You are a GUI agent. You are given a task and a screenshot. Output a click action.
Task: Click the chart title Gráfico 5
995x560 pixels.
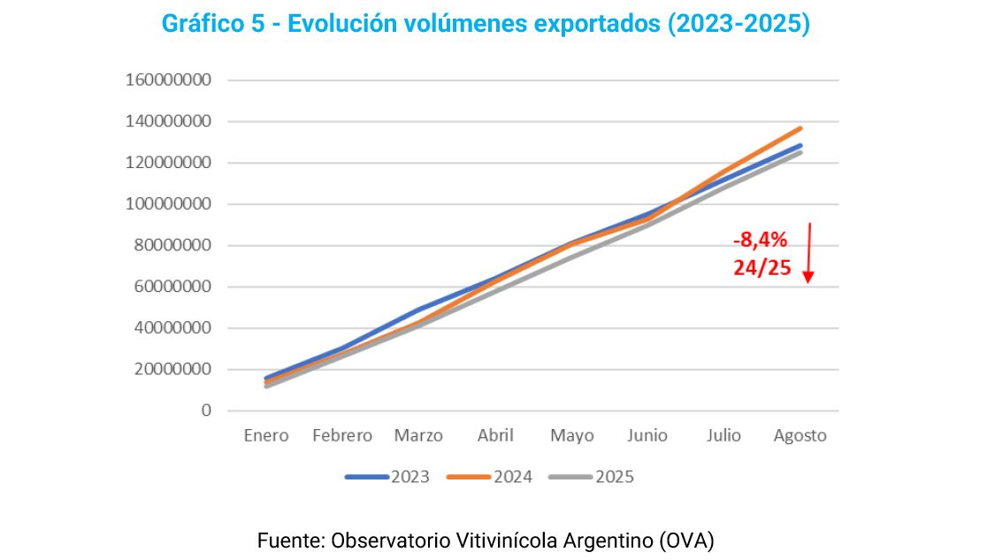tap(485, 24)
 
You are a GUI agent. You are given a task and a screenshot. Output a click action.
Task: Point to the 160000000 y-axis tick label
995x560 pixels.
tap(168, 81)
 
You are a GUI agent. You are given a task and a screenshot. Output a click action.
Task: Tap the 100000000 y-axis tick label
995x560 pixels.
tap(168, 204)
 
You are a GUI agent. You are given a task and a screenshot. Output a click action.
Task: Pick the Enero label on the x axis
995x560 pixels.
tap(266, 436)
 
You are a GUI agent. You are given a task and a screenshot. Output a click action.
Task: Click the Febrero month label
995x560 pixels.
tap(342, 436)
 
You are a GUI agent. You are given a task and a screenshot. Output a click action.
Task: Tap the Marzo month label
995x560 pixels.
tap(418, 436)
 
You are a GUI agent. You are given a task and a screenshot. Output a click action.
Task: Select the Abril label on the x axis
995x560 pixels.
tap(495, 436)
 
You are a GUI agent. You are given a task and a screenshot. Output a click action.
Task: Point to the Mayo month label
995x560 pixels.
tap(571, 436)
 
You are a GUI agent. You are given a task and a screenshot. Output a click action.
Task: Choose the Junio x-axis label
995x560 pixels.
tap(647, 436)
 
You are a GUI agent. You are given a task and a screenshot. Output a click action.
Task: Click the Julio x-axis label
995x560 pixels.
tap(724, 436)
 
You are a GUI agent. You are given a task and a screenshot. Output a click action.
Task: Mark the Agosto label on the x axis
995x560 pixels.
tap(800, 436)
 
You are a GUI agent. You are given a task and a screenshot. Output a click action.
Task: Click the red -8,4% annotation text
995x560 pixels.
tap(760, 240)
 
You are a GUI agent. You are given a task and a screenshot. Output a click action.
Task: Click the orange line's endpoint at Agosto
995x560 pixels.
tap(800, 128)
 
